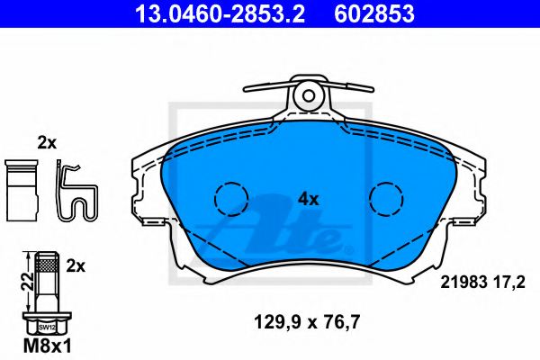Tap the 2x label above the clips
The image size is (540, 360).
(47, 142)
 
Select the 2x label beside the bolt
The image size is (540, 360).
(76, 265)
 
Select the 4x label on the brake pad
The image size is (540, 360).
(309, 199)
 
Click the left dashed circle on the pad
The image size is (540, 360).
(229, 198)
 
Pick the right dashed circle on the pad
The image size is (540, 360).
(388, 198)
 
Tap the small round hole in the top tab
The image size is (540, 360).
(308, 94)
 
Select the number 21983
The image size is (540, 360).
(458, 281)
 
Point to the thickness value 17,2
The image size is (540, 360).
(508, 281)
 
